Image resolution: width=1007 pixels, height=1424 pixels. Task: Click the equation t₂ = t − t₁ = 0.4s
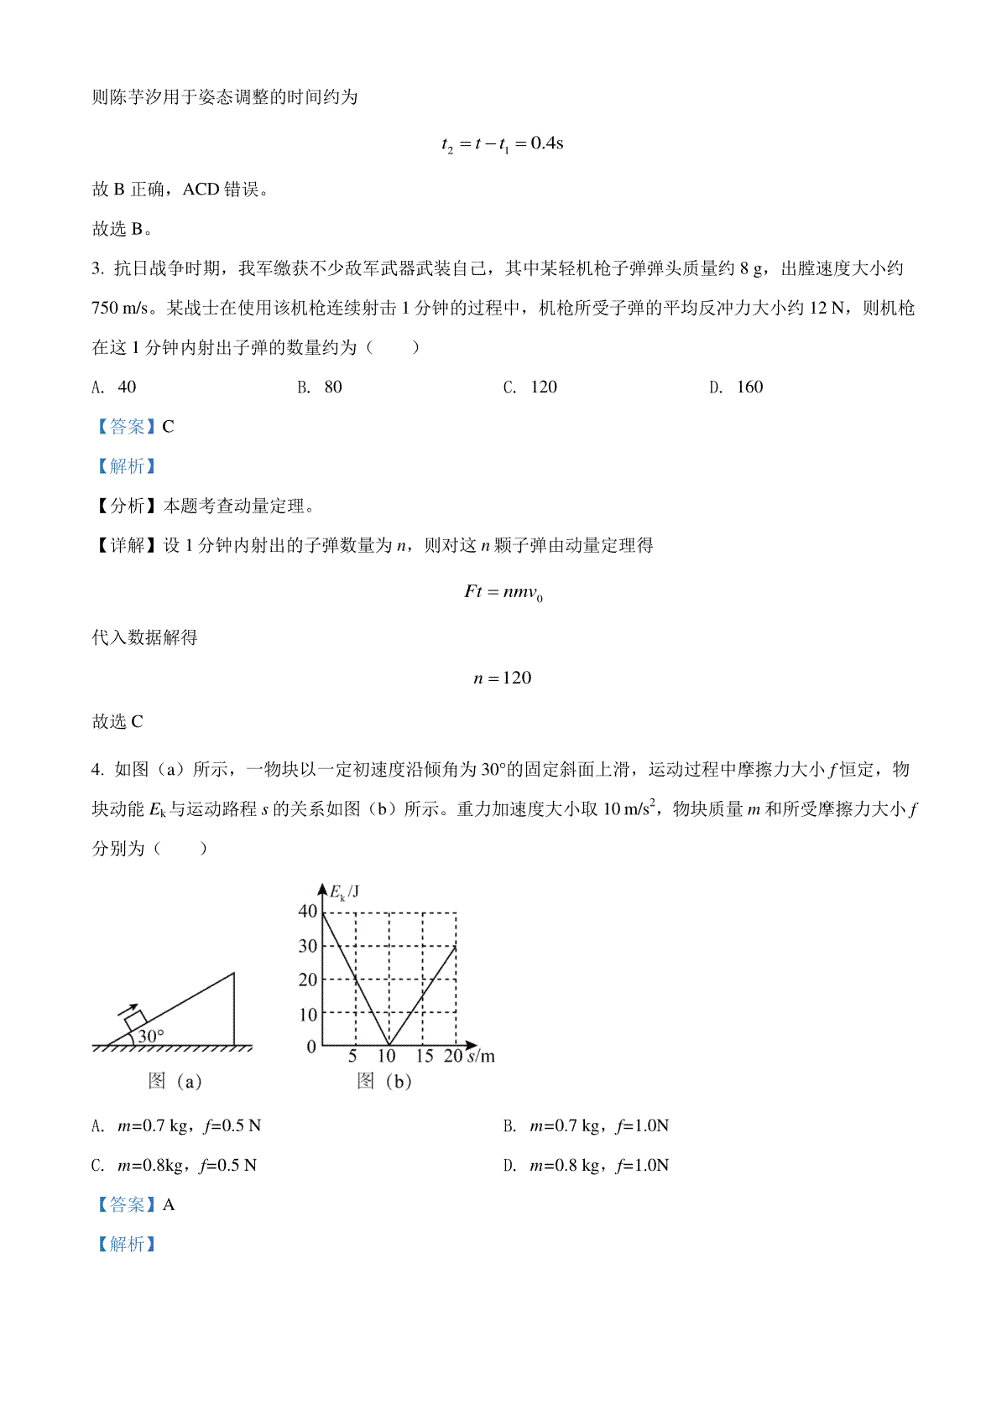[x=502, y=144]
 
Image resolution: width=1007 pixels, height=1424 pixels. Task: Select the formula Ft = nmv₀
[x=503, y=593]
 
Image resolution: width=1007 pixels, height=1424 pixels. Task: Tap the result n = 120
[x=502, y=678]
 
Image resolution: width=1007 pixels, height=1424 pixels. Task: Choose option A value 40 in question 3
[x=127, y=387]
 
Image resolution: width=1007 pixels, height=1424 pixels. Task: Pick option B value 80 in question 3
[x=333, y=387]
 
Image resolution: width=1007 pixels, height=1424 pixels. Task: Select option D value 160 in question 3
[x=749, y=387]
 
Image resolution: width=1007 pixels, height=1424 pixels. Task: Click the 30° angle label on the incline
[x=151, y=1037]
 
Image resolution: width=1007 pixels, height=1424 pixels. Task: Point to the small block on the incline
[x=134, y=1021]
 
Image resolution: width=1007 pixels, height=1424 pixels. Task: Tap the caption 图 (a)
[x=175, y=1082]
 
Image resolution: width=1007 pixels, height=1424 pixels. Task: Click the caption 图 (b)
[x=384, y=1082]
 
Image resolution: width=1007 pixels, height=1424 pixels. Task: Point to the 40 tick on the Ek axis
[x=308, y=912]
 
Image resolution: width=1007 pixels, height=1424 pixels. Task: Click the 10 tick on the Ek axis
[x=308, y=1015]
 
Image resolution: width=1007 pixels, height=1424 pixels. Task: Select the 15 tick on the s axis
[x=425, y=1057]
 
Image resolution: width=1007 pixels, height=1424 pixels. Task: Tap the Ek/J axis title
[x=344, y=892]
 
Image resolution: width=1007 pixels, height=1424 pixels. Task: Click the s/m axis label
[x=481, y=1057]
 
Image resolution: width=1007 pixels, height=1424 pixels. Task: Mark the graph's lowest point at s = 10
[x=389, y=1045]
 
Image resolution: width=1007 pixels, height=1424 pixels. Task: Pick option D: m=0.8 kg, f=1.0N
[x=599, y=1166]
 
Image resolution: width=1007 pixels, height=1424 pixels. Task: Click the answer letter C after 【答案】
[x=168, y=427]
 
